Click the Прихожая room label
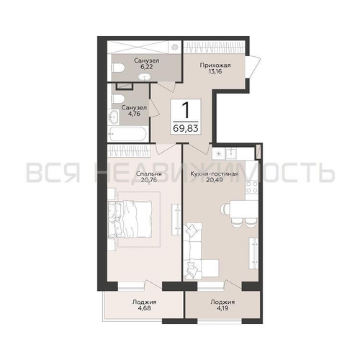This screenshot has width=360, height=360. click(215, 65)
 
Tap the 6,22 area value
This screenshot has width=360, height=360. click(147, 67)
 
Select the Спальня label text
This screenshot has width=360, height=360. click(149, 174)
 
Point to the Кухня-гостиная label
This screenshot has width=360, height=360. click(214, 174)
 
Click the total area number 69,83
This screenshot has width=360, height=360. click(186, 128)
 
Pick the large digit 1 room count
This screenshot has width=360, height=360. click(185, 110)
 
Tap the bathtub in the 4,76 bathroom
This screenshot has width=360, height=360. click(127, 135)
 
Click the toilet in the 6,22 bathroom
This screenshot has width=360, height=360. click(118, 68)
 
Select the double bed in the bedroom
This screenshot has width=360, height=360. click(130, 220)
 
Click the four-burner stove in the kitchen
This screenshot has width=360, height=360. click(252, 187)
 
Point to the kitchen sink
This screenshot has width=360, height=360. click(231, 153)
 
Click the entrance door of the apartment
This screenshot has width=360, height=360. click(253, 67)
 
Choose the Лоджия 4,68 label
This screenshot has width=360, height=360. click(144, 305)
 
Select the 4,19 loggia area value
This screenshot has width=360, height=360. click(222, 307)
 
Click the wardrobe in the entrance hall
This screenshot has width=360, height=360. click(215, 47)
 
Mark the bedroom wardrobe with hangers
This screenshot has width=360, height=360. click(129, 150)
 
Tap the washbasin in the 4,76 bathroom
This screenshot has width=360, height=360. click(113, 117)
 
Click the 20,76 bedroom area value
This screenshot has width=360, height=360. click(149, 179)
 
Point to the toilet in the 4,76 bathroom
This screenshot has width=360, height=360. click(118, 99)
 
